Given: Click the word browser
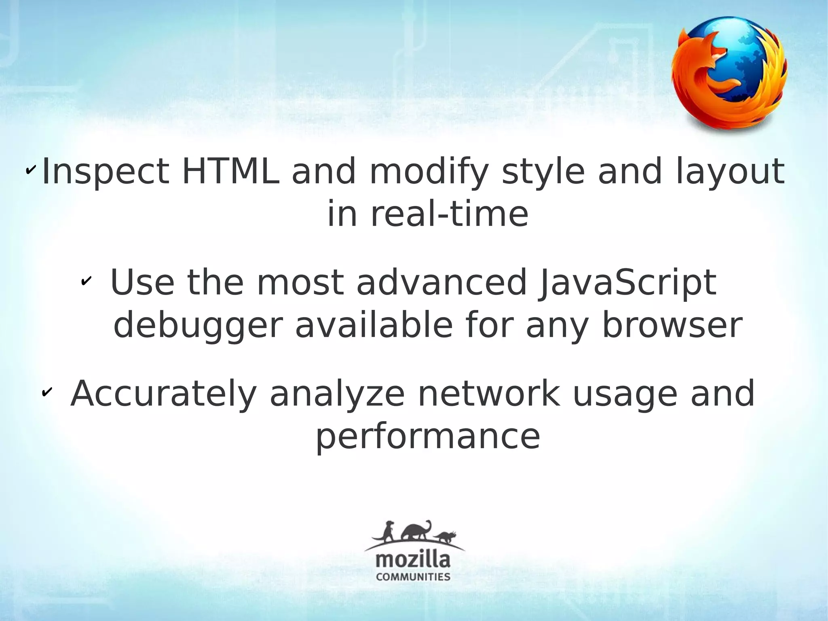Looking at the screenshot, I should click(x=672, y=325).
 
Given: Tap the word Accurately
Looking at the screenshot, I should click(x=164, y=394).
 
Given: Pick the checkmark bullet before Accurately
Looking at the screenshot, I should click(x=46, y=392).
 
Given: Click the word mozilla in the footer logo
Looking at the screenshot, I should click(x=413, y=560).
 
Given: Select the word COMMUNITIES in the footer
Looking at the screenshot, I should click(x=413, y=576).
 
